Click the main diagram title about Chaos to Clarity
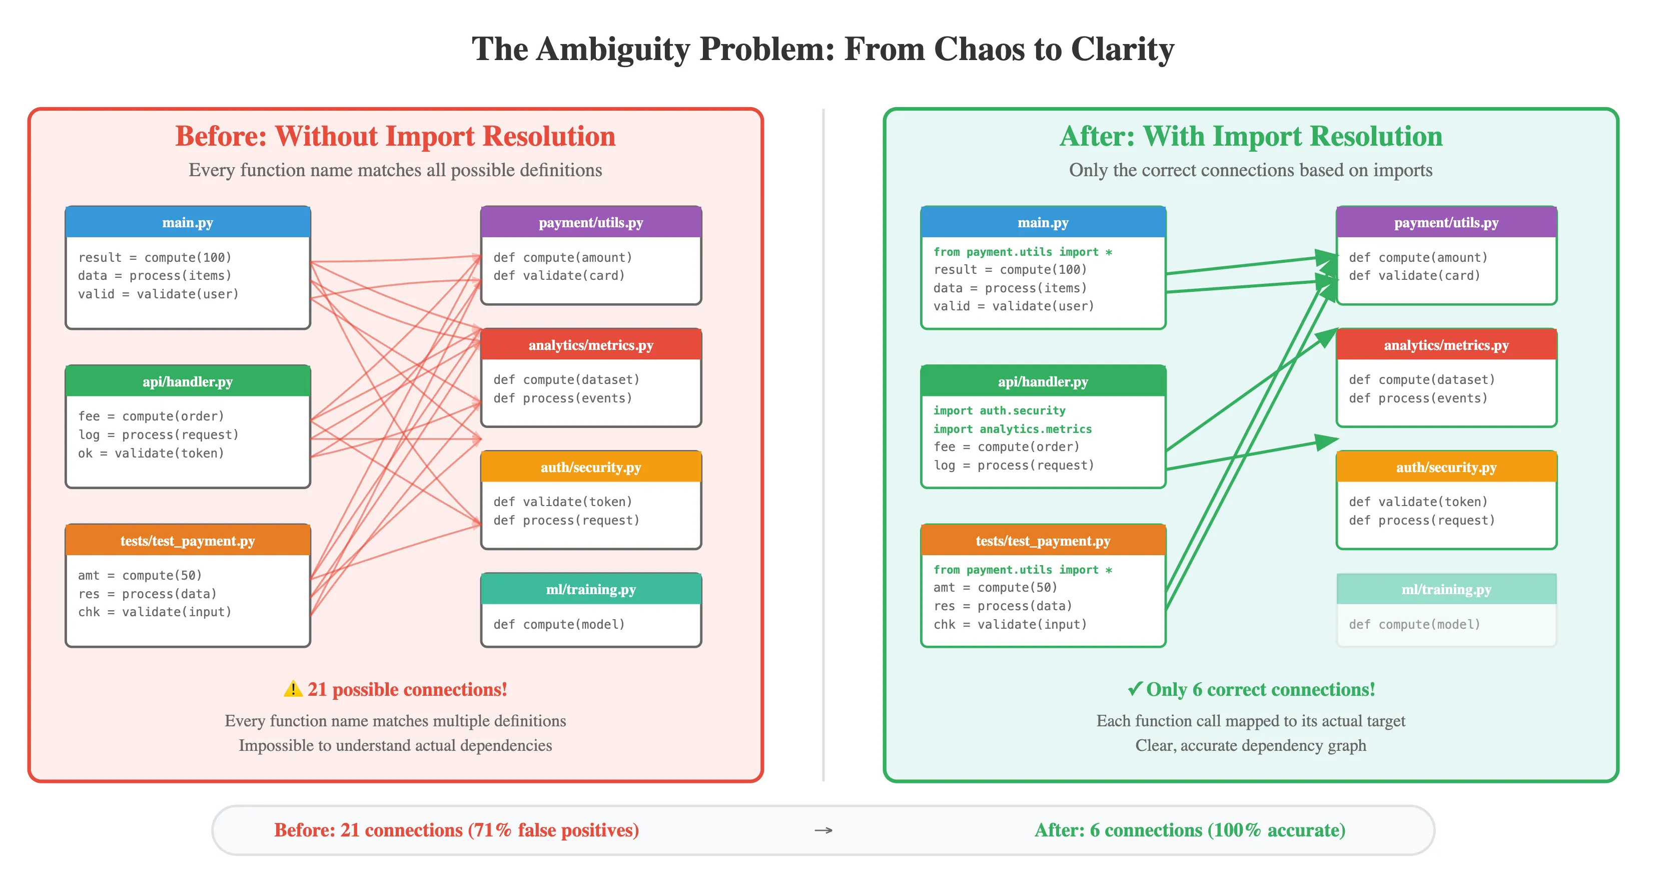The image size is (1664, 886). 822,49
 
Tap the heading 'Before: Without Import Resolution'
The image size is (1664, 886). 395,136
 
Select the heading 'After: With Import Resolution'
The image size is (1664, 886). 1251,136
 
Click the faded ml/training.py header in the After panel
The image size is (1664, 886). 1446,589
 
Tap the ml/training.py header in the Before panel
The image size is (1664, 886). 590,589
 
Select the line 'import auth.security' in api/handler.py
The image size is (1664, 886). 999,410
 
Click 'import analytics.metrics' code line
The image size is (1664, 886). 1012,429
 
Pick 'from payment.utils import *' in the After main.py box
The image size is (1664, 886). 1022,251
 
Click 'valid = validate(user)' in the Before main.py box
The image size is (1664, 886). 158,294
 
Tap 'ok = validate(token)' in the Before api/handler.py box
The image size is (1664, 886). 151,453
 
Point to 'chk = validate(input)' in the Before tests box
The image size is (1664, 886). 155,612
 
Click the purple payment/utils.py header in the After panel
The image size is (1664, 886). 1446,222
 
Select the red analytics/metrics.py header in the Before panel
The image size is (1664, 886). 590,345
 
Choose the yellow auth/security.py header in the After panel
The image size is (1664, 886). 1446,467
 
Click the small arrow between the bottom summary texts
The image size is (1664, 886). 823,830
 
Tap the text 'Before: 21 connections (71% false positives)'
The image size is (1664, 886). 456,830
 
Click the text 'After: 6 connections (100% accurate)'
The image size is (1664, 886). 1189,830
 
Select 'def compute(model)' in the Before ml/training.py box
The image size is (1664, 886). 559,624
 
